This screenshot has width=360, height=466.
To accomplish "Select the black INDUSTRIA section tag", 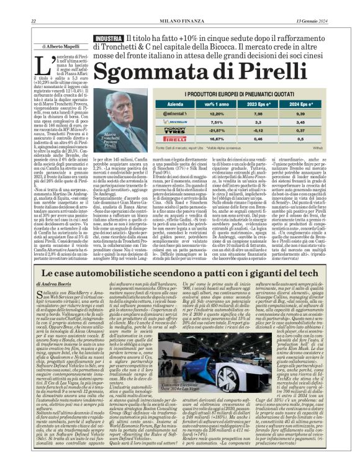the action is click(107, 39).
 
